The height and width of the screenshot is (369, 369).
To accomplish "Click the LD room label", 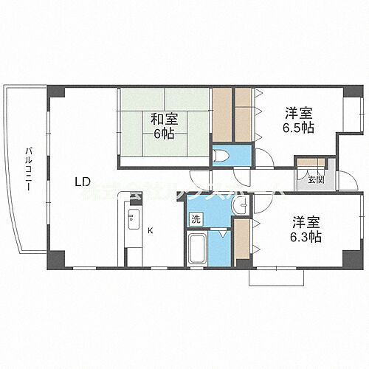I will (x=83, y=181).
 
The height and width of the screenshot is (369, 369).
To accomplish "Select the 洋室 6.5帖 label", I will (x=300, y=120).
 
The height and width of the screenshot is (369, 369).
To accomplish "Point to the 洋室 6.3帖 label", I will (x=305, y=228).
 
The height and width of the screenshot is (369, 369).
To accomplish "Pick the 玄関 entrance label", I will (x=315, y=179).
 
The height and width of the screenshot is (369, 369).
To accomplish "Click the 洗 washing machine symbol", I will (x=196, y=218).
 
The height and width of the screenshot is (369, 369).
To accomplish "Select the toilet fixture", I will (x=221, y=156).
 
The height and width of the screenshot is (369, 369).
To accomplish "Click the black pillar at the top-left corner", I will (x=55, y=92).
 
